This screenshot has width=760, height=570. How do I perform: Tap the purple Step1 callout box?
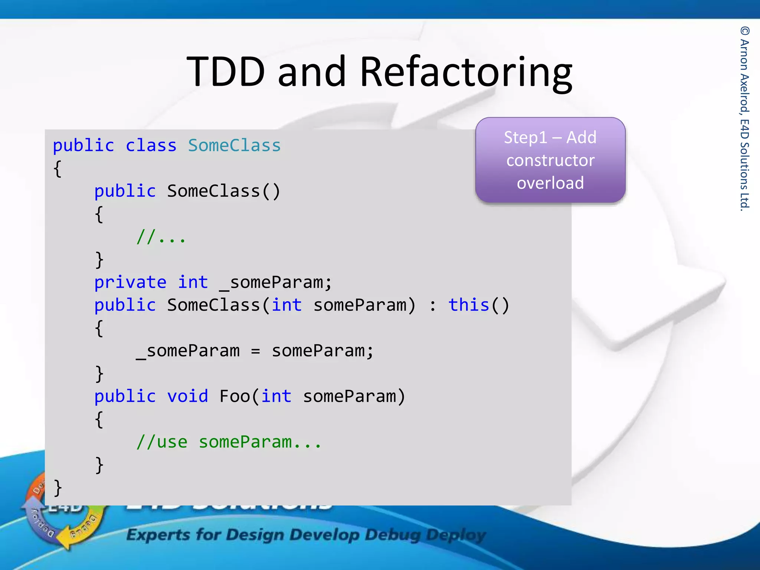point(550,160)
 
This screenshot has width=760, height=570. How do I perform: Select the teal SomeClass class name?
point(234,145)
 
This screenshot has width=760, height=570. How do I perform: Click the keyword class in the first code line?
point(151,145)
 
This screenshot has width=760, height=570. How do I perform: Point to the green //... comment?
point(161,237)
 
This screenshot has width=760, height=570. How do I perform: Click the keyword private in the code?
point(130,282)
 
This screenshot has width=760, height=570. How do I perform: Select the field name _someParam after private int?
point(275,283)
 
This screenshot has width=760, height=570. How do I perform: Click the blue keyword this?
point(469,305)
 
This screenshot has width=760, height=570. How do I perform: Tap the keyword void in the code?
point(187,396)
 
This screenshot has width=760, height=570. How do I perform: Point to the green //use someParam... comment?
point(228,442)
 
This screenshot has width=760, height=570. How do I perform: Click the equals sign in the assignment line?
point(255,351)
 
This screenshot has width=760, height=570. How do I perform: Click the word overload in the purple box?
point(550,183)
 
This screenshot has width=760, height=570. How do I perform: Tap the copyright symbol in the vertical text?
point(744,31)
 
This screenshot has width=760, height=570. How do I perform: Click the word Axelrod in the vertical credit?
point(744,93)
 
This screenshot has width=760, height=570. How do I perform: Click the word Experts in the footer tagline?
point(158,535)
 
